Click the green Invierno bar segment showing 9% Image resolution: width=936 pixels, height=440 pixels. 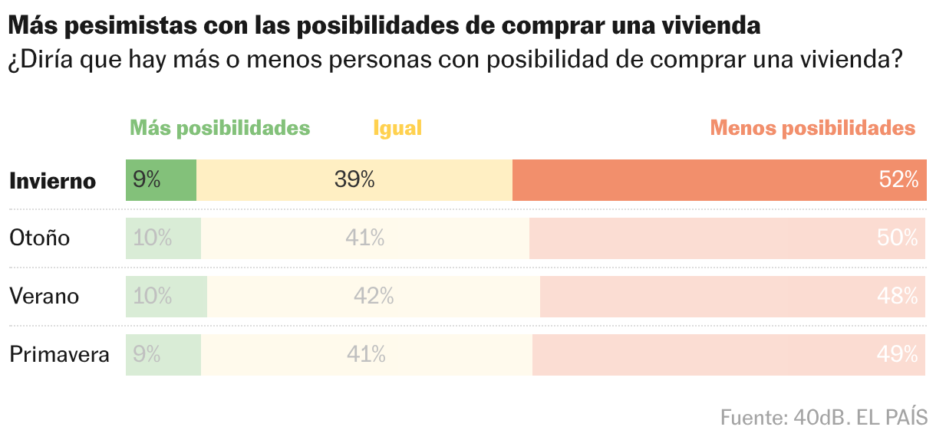tap(161, 180)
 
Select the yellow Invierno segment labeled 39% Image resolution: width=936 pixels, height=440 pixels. tap(354, 180)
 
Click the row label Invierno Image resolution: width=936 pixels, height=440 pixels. tap(53, 181)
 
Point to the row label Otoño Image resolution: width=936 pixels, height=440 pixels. tap(40, 238)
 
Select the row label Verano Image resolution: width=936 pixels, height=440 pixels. tap(44, 296)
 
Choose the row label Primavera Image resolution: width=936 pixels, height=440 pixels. tap(59, 355)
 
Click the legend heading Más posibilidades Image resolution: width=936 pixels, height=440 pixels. tap(219, 128)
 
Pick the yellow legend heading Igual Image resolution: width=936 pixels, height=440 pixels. tap(397, 128)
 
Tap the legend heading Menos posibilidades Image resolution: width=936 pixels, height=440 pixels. tap(812, 128)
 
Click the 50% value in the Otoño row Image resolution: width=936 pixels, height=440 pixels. tap(898, 238)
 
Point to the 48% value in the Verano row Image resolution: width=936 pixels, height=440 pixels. tap(898, 296)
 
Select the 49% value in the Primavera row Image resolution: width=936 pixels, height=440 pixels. tap(898, 354)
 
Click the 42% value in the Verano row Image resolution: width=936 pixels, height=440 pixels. tap(374, 296)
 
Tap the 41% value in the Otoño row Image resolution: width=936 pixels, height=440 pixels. tap(364, 238)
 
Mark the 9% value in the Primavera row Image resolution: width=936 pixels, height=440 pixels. tap(147, 354)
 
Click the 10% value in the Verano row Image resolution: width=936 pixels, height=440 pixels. tap(152, 296)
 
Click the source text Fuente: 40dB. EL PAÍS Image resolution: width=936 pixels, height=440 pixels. tap(824, 418)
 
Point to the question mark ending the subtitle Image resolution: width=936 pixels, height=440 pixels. tap(893, 59)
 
